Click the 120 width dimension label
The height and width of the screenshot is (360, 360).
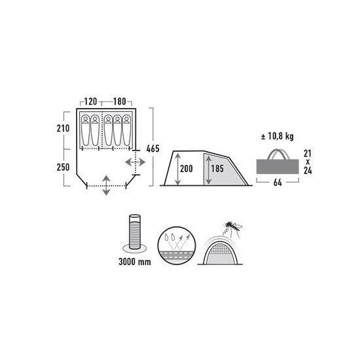coord(91,101)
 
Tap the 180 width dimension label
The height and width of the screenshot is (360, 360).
coord(120,101)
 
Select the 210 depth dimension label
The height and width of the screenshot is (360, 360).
coord(63,128)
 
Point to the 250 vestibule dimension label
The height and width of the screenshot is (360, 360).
coord(63,167)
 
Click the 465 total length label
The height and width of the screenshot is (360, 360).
coord(153,149)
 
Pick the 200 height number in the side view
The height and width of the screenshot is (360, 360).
coord(187,169)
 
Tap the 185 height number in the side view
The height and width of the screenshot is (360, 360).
coord(217,169)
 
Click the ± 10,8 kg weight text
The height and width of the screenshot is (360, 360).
coord(278,137)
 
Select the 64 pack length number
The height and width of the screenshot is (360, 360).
coord(278,183)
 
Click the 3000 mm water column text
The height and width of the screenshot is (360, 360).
coord(135,262)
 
